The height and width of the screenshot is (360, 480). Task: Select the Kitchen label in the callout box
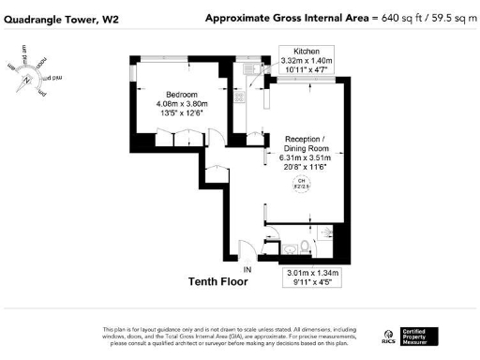[307, 51]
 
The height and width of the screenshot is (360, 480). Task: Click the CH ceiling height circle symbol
[303, 185]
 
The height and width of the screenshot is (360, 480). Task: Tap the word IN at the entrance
[248, 270]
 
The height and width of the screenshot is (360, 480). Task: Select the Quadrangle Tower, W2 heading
[59, 18]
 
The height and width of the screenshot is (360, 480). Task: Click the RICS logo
[388, 336]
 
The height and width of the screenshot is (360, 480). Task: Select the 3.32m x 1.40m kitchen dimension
[307, 61]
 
